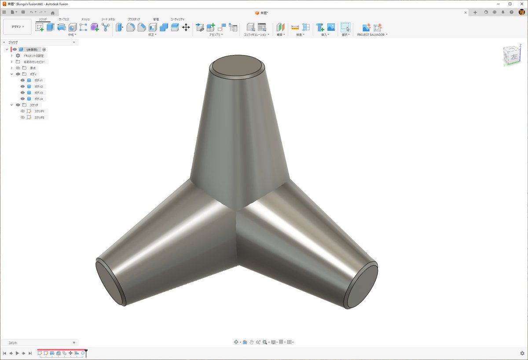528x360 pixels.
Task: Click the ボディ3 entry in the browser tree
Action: (x=39, y=93)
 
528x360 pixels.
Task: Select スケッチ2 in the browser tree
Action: (x=40, y=118)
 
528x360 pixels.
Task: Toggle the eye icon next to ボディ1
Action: (x=22, y=81)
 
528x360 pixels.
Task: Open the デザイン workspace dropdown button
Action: (x=18, y=27)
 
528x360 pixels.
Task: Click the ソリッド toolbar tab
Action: (x=43, y=19)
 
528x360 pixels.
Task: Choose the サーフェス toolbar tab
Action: (x=64, y=19)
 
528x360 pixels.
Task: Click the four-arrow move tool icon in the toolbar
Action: (x=186, y=27)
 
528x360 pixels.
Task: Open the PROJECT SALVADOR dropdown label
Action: (x=372, y=35)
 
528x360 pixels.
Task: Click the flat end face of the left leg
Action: (x=109, y=282)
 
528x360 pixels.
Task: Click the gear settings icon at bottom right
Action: (x=522, y=353)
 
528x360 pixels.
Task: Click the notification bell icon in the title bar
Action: (x=503, y=12)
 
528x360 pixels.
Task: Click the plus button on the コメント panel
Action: (x=74, y=342)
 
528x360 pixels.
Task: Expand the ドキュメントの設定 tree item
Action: (x=12, y=56)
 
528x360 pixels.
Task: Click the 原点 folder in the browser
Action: (x=33, y=68)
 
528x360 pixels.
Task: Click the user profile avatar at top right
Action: (x=522, y=12)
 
